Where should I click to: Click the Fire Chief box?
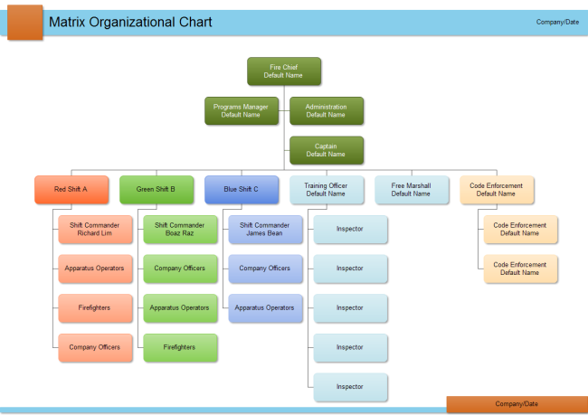click(284, 71)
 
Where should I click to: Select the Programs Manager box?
click(241, 110)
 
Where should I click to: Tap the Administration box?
click(326, 110)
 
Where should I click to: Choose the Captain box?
click(326, 150)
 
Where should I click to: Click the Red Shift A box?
click(71, 189)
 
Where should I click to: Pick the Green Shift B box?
click(156, 189)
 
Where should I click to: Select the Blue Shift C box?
click(242, 189)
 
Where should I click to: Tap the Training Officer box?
click(326, 189)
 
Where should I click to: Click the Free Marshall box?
click(411, 189)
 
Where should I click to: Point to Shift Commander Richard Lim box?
click(95, 229)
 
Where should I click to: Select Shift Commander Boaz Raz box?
click(180, 229)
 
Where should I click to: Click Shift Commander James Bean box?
click(265, 229)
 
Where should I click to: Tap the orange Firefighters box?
click(95, 307)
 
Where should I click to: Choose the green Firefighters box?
click(180, 347)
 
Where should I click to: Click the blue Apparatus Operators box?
click(265, 307)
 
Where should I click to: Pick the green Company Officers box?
click(180, 269)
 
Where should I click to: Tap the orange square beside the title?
click(24, 22)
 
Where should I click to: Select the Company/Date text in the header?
click(557, 22)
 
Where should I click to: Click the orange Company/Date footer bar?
click(517, 404)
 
